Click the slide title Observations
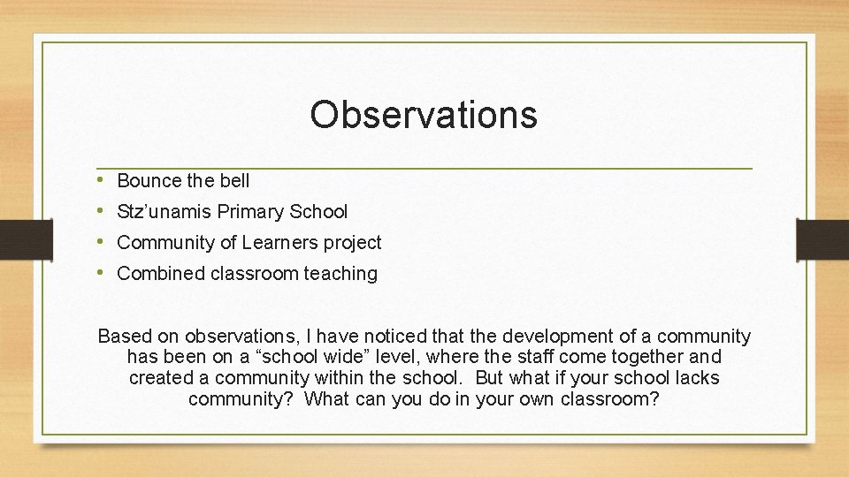coord(424,115)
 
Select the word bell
coord(234,181)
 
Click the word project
coord(355,243)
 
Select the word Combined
coord(161,274)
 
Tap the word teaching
coord(340,274)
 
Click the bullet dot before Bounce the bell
coord(103,180)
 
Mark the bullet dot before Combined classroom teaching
coord(103,273)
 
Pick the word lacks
coord(696,378)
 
